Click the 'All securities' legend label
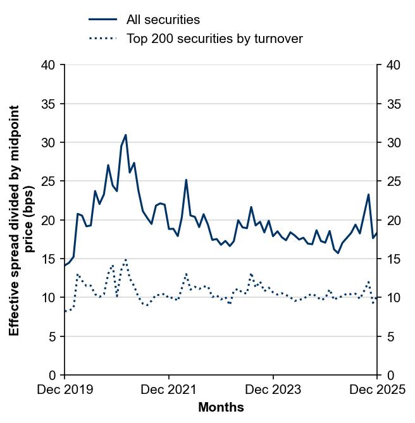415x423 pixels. click(163, 20)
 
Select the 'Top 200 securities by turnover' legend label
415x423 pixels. click(214, 39)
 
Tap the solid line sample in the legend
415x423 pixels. click(102, 20)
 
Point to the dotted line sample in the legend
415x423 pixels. click(102, 39)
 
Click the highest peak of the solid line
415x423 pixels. click(125, 135)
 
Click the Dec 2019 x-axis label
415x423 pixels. click(65, 389)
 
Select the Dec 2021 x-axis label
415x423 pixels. click(169, 389)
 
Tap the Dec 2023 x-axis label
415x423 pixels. click(273, 389)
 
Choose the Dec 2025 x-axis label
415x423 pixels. click(378, 389)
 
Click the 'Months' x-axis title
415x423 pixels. click(221, 408)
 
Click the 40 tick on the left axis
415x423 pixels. click(49, 64)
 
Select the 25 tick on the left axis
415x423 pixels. click(49, 181)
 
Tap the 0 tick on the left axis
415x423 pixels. click(53, 375)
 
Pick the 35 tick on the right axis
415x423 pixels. click(392, 104)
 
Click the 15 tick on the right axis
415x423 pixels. click(392, 259)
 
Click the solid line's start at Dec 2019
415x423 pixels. click(65, 266)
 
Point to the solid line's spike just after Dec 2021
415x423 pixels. click(186, 180)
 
